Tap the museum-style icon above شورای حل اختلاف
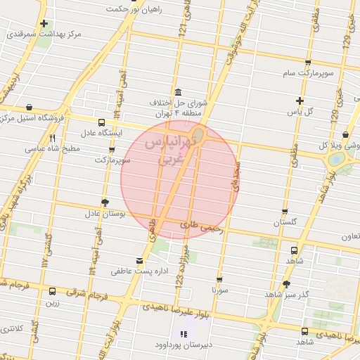click(x=176, y=92)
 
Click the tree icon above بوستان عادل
click(x=105, y=202)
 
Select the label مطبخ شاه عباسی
click(x=53, y=148)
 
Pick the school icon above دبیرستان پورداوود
click(x=184, y=335)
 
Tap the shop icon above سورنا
click(x=219, y=278)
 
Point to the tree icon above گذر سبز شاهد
click(x=285, y=284)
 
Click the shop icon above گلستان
click(x=285, y=211)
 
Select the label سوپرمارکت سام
click(x=306, y=72)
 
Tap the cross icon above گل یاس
click(x=300, y=101)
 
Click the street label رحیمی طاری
click(x=201, y=227)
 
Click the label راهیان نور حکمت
click(x=134, y=9)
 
